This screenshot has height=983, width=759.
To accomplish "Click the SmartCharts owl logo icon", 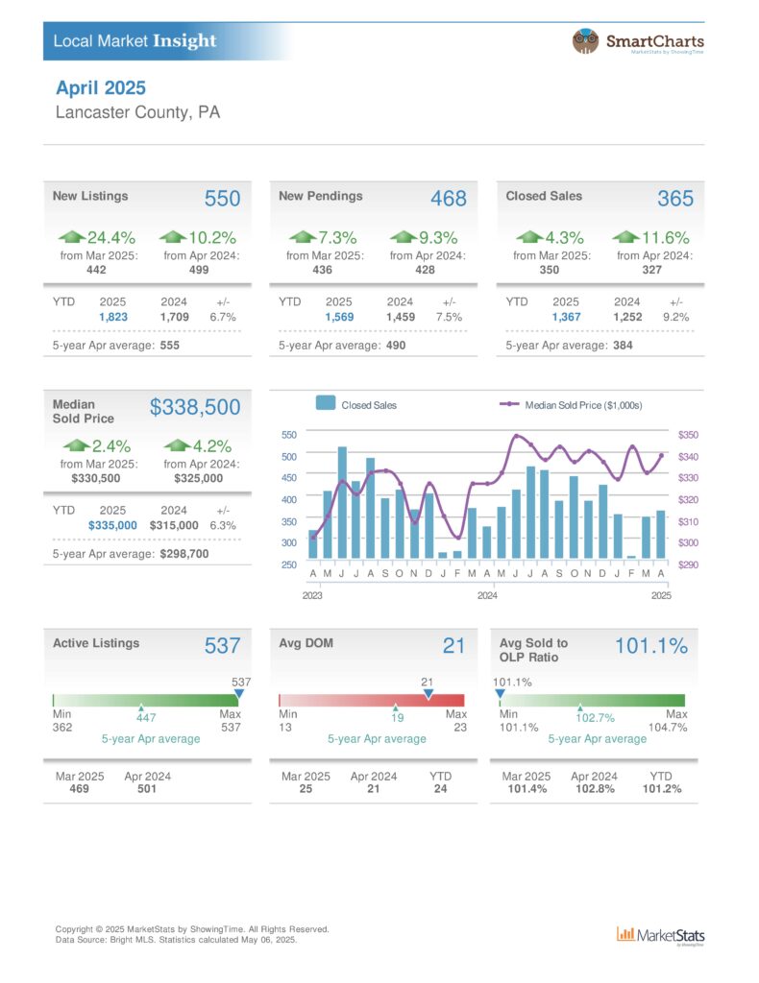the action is [x=584, y=41].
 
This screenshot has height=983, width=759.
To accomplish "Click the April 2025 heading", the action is [x=100, y=87].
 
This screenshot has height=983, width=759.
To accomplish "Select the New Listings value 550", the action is [x=222, y=199].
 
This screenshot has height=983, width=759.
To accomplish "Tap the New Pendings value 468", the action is [x=449, y=199].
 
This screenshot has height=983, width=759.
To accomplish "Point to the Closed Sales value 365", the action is [x=675, y=199].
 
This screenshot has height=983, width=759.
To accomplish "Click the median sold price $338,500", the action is [x=195, y=407].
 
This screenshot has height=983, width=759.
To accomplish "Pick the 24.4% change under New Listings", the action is [x=111, y=238].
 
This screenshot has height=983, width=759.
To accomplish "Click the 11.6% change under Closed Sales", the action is [x=666, y=238].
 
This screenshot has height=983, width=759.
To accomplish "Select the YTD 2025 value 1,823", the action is [x=113, y=317].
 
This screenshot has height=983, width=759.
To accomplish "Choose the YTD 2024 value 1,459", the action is [x=401, y=317].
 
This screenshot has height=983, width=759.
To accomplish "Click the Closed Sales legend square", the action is [x=326, y=403].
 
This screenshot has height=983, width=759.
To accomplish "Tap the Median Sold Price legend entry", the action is [x=571, y=406].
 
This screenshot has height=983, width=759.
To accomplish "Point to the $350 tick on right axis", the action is [x=688, y=435].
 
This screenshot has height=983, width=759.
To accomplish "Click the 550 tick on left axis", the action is [x=289, y=435].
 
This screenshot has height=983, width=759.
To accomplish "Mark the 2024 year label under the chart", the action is [x=487, y=595].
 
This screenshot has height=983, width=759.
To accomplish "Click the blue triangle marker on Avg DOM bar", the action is [x=428, y=694].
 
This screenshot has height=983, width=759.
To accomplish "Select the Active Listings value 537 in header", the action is [x=222, y=646].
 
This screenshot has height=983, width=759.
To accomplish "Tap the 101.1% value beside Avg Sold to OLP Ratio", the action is [x=651, y=646].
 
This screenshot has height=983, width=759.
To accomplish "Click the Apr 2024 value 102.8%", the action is [x=596, y=789].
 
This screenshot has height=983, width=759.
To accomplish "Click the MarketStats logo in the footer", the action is [x=660, y=935].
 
